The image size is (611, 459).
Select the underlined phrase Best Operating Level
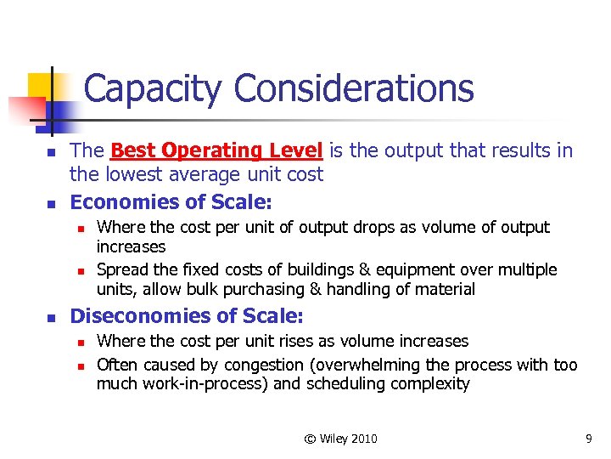216,151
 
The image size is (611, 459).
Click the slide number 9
588,439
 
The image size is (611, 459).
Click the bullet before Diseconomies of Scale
50,317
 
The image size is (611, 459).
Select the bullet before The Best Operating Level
50,152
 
